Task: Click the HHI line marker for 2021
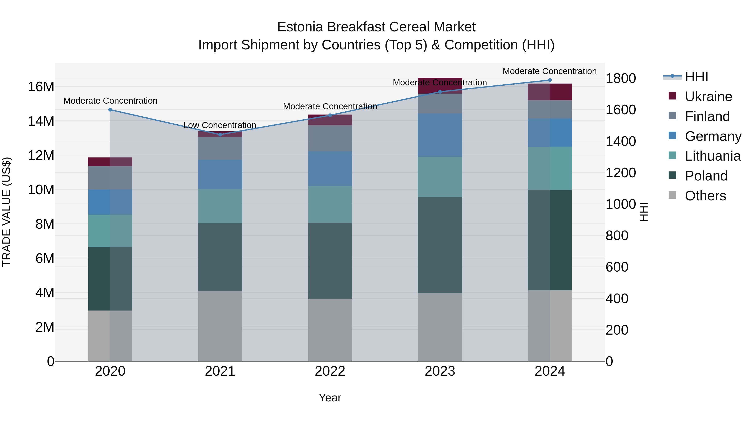[220, 135]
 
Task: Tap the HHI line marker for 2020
[110, 110]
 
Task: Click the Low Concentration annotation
[220, 125]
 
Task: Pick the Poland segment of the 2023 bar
[440, 245]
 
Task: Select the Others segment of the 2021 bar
[220, 326]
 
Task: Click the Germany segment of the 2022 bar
[330, 169]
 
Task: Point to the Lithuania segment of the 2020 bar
[110, 231]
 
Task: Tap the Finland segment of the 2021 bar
[220, 148]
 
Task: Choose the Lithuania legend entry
[712, 156]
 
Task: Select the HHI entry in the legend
[696, 77]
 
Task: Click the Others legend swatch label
[705, 196]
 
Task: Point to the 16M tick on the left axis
[41, 87]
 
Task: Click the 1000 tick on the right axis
[620, 204]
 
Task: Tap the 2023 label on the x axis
[440, 371]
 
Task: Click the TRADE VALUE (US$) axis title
[6, 212]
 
